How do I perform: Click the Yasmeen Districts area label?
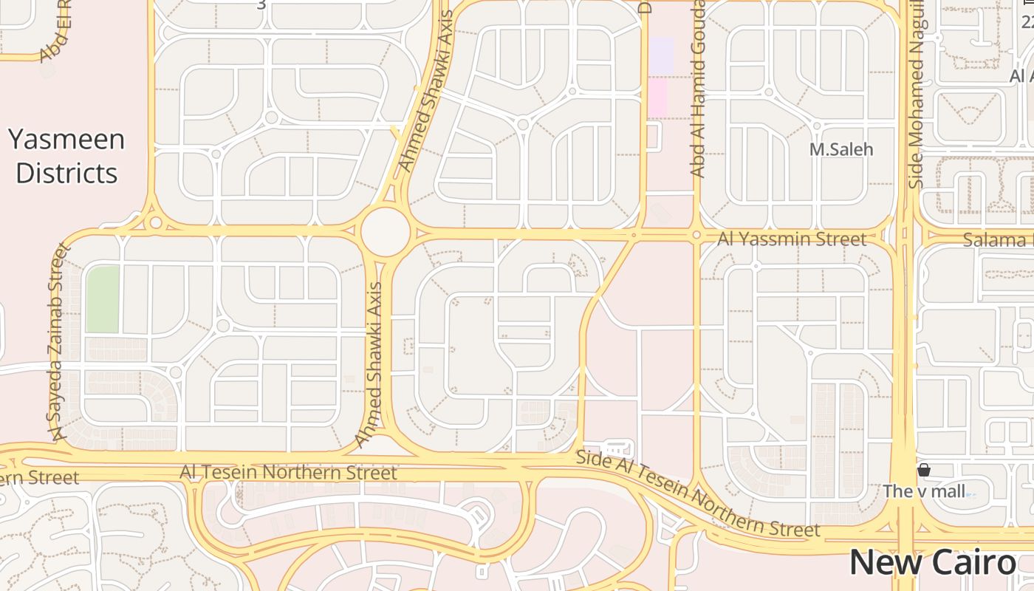tap(66, 156)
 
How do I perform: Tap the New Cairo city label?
tap(932, 563)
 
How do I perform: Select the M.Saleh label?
tap(840, 149)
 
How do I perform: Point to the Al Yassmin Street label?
tap(792, 239)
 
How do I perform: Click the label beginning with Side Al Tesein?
tap(698, 494)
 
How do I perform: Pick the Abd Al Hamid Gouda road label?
tap(698, 89)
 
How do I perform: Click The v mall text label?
tap(924, 491)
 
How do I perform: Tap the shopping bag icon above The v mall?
tap(923, 470)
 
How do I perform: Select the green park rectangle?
tap(103, 299)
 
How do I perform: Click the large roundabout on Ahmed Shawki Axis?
tap(385, 232)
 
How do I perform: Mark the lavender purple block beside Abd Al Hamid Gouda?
tap(661, 55)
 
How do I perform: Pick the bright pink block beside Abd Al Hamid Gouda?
tap(657, 98)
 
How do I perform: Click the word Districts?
tap(66, 173)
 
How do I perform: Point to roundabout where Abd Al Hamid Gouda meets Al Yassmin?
tap(696, 235)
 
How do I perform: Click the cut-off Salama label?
tap(997, 240)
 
